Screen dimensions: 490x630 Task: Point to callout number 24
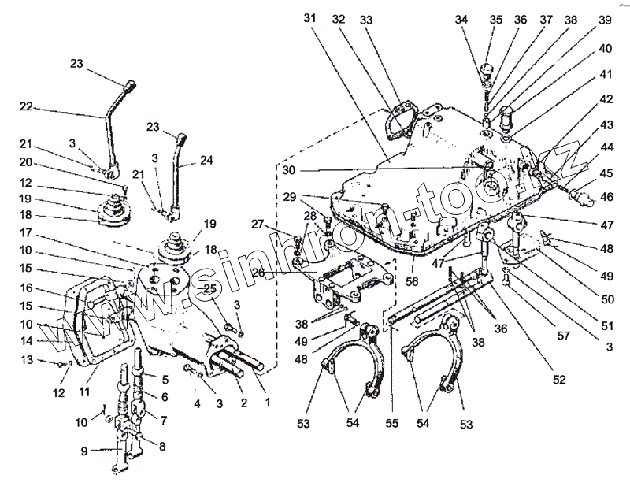point(206,159)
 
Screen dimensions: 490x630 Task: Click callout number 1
point(269,402)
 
